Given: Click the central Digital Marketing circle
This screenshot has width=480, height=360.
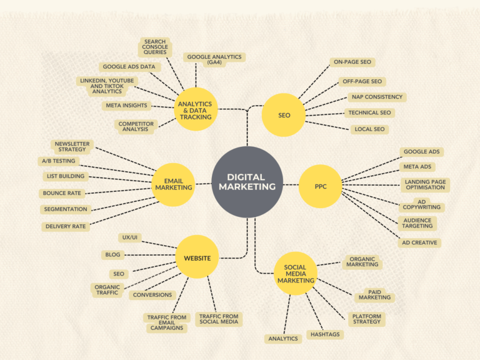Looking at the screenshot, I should coord(247,182).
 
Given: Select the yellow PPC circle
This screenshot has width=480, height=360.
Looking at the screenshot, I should coord(320,186).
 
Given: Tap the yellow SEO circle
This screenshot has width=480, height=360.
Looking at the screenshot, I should coord(284,115).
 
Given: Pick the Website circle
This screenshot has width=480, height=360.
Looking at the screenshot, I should coord(197,257).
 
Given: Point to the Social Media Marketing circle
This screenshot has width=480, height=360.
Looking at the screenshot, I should coord(295,274).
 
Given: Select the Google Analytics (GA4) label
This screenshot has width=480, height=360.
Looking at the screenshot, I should coord(213,59).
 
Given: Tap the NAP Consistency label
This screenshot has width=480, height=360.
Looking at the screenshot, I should coord(376,97).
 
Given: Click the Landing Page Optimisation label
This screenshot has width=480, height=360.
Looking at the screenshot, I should coord(424,184).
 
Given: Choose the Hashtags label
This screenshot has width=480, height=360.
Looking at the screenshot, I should coord(325,334).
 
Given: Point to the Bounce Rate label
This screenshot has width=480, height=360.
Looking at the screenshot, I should coord(62,193).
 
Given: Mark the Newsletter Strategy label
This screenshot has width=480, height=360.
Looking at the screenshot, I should coord(72,147).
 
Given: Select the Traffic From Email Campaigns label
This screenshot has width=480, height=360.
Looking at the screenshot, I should coord(167,322).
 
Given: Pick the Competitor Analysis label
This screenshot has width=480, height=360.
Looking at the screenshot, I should coord(136,127).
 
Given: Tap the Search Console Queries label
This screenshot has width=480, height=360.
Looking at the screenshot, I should coord(154,47).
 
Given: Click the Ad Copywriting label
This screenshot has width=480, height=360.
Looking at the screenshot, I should coord(421,204).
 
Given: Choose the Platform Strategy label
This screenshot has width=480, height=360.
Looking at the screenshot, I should coord(366,319).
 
